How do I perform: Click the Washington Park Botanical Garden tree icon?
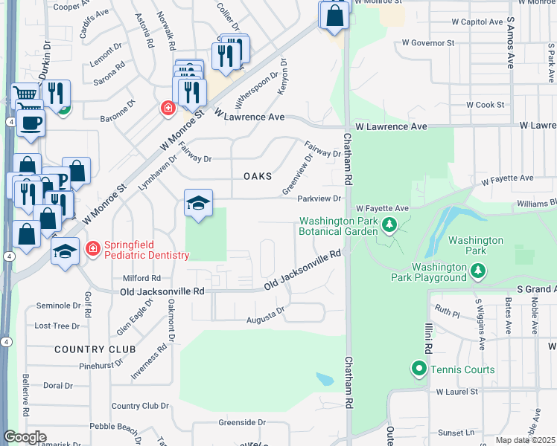click(x=388, y=224)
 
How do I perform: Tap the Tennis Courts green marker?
click(x=418, y=368)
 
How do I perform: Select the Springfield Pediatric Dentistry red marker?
click(x=94, y=248)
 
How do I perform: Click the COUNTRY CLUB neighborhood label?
click(x=95, y=349)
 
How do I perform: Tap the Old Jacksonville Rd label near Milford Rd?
click(x=162, y=292)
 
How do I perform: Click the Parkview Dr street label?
click(x=319, y=198)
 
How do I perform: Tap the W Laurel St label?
click(x=460, y=391)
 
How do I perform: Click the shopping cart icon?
click(x=25, y=95)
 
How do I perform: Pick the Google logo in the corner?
click(x=25, y=437)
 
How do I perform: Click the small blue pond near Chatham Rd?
click(x=325, y=379)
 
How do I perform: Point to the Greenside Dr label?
click(x=238, y=422)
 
